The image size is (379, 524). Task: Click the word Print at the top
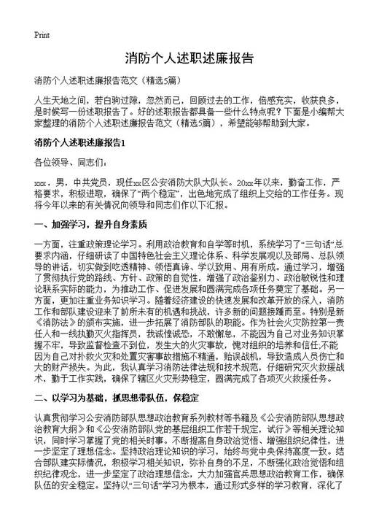(42, 35)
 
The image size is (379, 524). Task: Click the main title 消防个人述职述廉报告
(189, 58)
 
